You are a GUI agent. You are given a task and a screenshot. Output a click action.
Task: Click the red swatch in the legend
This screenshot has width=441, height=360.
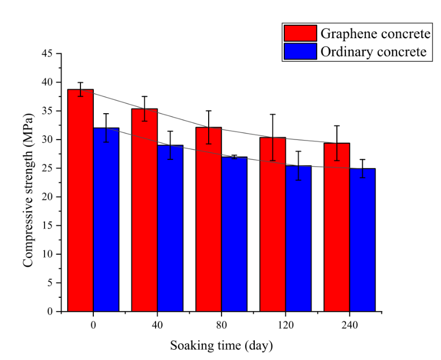tap(300, 33)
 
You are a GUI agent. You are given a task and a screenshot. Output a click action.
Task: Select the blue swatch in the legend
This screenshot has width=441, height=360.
tap(300, 52)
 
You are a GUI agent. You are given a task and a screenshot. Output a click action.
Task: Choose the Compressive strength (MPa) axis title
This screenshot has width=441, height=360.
tap(27, 182)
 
